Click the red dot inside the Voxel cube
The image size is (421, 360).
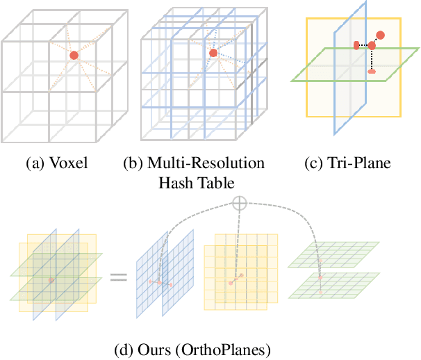[x=74, y=55]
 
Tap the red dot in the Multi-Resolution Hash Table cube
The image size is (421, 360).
[x=213, y=54]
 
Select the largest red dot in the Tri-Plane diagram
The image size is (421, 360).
[x=381, y=35]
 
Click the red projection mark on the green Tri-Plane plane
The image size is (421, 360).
[x=372, y=71]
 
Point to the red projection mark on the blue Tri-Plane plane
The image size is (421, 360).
[x=356, y=45]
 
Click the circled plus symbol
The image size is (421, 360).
[x=239, y=203]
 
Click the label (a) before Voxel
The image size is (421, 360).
[x=35, y=164]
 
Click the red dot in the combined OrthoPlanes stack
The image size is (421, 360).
[x=51, y=280]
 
